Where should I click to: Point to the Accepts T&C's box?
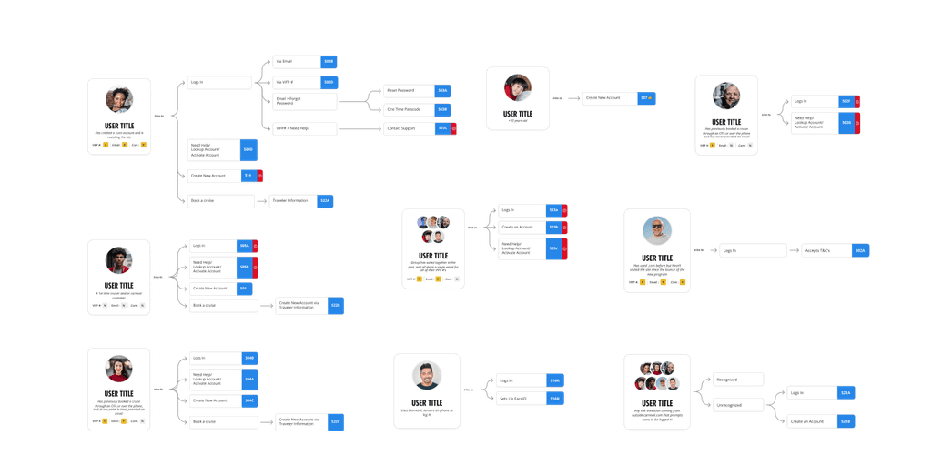825,250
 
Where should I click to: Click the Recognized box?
738,380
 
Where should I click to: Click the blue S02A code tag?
860,250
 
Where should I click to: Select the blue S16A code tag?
554,380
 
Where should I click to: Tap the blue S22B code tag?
336,306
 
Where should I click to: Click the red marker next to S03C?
454,128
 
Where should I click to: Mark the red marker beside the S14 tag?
260,175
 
